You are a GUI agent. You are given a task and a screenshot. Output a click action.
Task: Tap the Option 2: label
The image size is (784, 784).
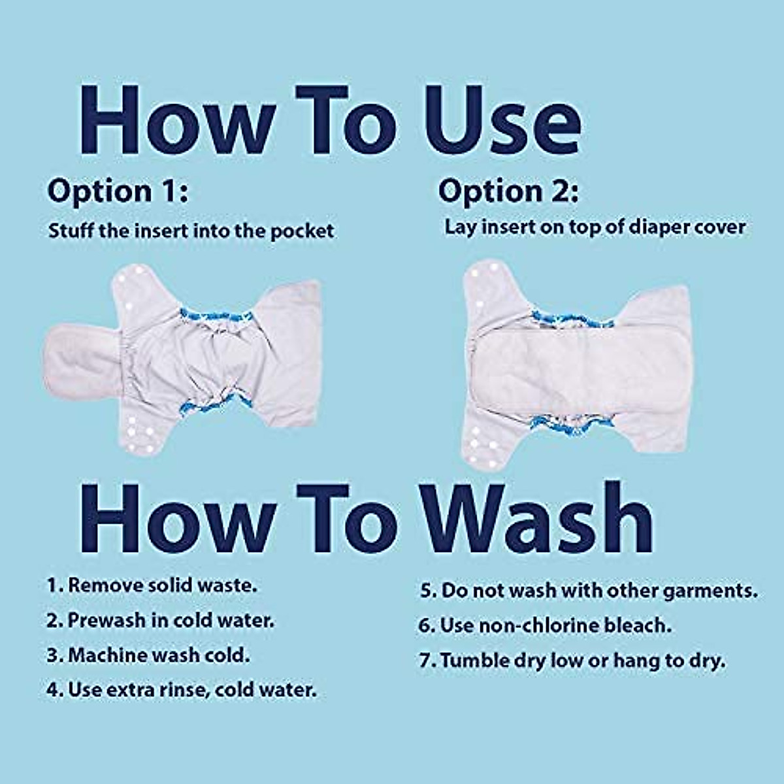(x=508, y=191)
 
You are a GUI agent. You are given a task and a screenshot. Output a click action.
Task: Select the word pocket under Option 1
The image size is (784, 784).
(x=302, y=231)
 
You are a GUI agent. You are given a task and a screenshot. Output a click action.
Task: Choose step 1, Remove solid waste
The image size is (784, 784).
(x=152, y=585)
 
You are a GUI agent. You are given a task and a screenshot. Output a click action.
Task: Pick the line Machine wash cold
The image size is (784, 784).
(x=148, y=655)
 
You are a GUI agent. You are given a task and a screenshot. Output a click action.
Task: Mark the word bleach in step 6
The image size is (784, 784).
(x=636, y=625)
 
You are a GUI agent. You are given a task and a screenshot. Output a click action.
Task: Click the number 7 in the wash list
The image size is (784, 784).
(x=425, y=661)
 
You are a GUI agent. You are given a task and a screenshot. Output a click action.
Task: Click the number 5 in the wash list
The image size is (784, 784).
(x=425, y=591)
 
